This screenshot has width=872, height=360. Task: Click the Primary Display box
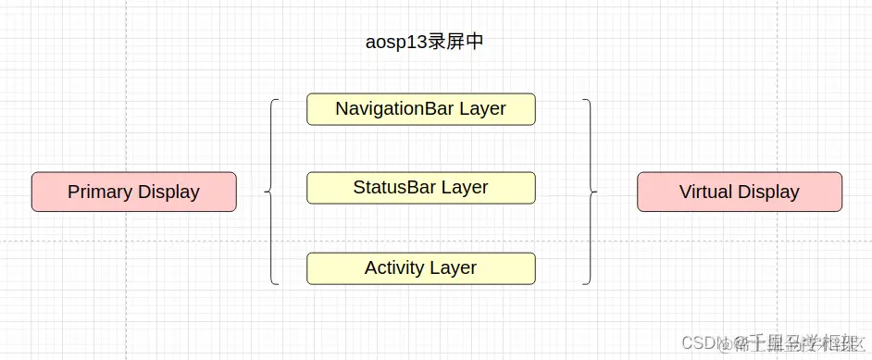133,192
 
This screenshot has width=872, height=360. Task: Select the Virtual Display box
739,192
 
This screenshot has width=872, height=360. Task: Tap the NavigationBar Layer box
420,108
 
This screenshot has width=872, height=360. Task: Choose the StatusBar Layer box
420,187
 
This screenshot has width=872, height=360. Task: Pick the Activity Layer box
420,267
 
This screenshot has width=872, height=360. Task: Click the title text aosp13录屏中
424,43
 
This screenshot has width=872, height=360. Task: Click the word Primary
100,192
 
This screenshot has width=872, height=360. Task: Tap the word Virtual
705,192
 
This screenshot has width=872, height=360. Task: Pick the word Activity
395,267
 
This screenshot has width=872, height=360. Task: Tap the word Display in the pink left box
168,192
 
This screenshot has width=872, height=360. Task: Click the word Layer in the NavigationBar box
482,108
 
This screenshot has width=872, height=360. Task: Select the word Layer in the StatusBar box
465,187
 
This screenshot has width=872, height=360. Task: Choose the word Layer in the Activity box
454,267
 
